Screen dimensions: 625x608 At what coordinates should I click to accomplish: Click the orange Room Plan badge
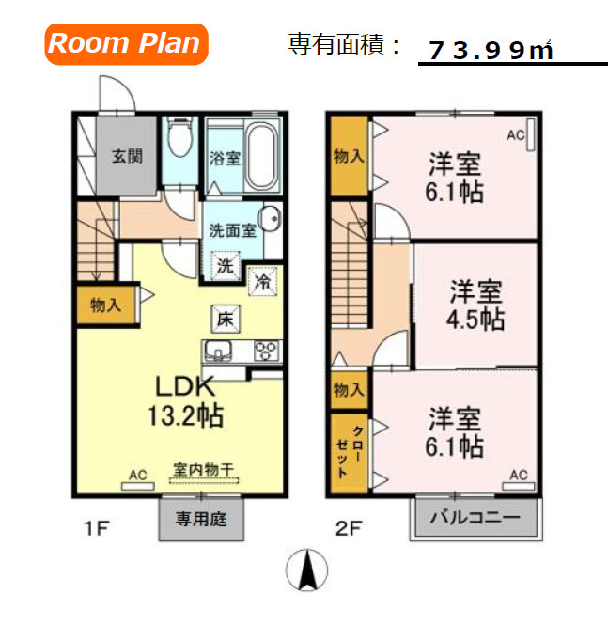[x=125, y=43]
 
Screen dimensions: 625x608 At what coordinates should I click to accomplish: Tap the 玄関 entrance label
[x=127, y=156]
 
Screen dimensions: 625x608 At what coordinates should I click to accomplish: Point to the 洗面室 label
[x=232, y=229]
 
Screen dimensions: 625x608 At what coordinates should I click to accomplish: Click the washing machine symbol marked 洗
[x=226, y=266]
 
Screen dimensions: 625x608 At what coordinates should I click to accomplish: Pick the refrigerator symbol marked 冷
[x=263, y=279]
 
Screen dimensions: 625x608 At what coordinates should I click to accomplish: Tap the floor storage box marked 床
[x=226, y=320]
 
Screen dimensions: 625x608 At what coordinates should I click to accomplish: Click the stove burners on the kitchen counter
[x=265, y=353]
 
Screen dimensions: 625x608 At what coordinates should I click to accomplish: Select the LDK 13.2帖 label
[x=185, y=401]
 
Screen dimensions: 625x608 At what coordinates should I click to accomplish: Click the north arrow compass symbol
[x=306, y=568]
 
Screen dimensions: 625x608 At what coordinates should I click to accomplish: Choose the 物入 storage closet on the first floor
[x=104, y=305]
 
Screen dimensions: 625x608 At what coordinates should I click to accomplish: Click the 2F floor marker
[x=349, y=527]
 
